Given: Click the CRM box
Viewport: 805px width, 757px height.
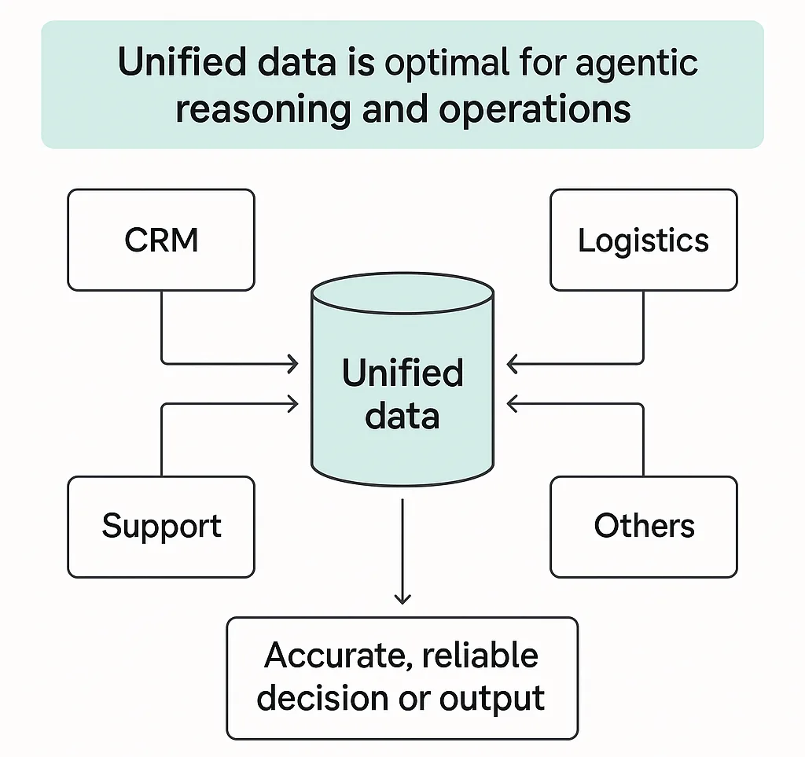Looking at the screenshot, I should pyautogui.click(x=161, y=240).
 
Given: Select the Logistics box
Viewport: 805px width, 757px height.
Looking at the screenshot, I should pyautogui.click(x=643, y=240).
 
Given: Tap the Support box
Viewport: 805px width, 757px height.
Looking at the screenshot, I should pyautogui.click(x=161, y=526).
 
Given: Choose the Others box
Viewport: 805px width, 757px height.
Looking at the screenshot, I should pyautogui.click(x=643, y=526).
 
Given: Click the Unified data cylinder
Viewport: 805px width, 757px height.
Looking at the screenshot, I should pyautogui.click(x=402, y=385).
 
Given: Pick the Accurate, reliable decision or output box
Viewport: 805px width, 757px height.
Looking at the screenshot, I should pyautogui.click(x=402, y=677).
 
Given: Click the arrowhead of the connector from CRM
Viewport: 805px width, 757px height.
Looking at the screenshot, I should pyautogui.click(x=294, y=363).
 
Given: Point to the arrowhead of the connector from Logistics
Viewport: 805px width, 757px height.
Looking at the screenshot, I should pyautogui.click(x=512, y=363).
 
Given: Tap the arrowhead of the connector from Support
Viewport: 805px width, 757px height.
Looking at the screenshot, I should pyautogui.click(x=294, y=404).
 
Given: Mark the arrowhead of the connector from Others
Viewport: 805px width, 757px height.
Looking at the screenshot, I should pyautogui.click(x=512, y=404).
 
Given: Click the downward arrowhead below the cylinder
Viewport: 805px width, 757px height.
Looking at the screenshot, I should pyautogui.click(x=402, y=599).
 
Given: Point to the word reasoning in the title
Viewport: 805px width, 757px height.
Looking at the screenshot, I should pyautogui.click(x=263, y=109).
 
